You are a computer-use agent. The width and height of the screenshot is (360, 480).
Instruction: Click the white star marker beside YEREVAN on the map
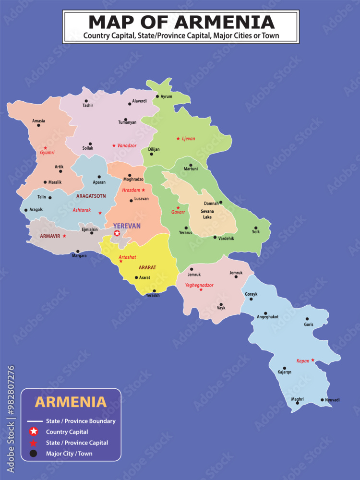117,233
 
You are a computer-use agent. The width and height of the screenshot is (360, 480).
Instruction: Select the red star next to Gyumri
46,148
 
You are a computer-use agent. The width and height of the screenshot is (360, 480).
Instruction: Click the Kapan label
302,360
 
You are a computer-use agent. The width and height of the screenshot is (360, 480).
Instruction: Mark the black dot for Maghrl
298,403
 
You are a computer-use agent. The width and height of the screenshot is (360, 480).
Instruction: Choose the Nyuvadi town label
332,400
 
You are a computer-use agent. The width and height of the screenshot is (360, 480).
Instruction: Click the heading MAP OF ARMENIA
181,22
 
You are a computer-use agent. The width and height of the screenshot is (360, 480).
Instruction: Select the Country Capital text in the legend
67,432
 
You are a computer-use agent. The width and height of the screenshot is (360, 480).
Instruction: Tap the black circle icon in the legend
33,453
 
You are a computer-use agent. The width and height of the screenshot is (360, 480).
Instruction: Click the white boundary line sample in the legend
33,421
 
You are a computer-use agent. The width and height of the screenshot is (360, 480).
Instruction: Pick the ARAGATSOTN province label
91,196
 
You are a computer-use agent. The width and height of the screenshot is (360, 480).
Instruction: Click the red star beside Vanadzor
114,145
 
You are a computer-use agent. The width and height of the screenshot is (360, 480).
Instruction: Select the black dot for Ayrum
156,96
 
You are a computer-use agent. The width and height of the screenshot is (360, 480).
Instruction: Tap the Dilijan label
154,149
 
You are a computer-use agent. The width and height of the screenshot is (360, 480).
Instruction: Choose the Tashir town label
87,106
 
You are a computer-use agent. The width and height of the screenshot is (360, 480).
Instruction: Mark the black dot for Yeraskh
154,291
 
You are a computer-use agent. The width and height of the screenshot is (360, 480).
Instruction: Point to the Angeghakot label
267,317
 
